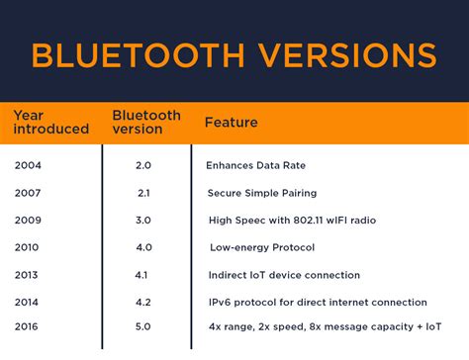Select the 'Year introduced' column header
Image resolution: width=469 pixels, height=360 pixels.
click(50, 123)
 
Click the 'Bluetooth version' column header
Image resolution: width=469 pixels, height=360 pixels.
click(146, 123)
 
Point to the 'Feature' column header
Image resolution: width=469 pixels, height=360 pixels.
click(231, 123)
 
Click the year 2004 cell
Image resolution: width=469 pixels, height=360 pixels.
click(28, 164)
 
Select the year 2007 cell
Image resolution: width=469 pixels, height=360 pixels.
click(28, 192)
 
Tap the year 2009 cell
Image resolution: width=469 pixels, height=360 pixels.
click(28, 220)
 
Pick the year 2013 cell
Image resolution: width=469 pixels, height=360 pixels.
click(28, 275)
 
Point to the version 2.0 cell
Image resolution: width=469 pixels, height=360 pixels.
click(143, 164)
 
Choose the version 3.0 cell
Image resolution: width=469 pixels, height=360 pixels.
click(143, 220)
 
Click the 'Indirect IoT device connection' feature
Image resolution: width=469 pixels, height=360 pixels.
click(284, 275)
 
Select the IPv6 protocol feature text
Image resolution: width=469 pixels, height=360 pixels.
click(318, 303)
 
